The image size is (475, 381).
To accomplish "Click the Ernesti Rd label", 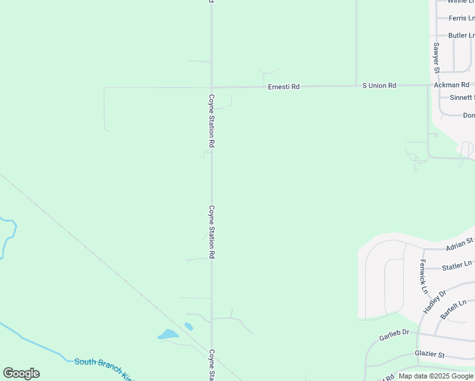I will [x=283, y=86].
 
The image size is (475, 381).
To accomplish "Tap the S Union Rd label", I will [x=379, y=85].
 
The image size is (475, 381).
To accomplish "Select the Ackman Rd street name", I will [x=451, y=84].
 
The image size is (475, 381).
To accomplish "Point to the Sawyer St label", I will [x=436, y=57].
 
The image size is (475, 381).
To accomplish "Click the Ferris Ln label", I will [x=461, y=18].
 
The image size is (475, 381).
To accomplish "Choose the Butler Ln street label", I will [x=461, y=36].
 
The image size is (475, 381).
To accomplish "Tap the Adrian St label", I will [x=459, y=244].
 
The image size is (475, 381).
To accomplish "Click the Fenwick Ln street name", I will [x=423, y=276].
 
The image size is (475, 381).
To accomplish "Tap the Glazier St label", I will [x=430, y=354].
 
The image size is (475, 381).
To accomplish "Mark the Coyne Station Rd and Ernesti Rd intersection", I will [x=211, y=88].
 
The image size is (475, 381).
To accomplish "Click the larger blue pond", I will [x=168, y=334].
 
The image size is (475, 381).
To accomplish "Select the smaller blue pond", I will [x=189, y=326].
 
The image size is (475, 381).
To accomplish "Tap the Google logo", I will [x=21, y=373].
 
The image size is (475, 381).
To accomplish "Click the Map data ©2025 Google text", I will [x=436, y=376].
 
